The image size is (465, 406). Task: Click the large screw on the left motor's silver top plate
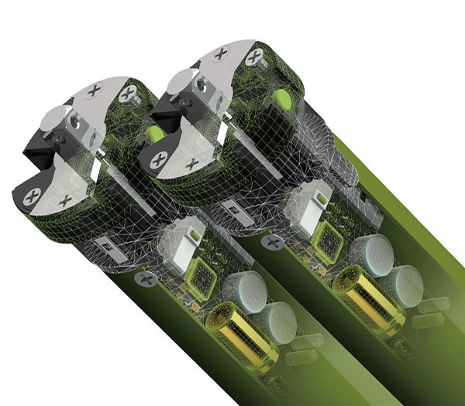tap(95, 90)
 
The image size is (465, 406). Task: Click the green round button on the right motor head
tap(282, 99)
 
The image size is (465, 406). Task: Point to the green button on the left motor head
tap(154, 133)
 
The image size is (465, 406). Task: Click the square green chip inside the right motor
tap(328, 237)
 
